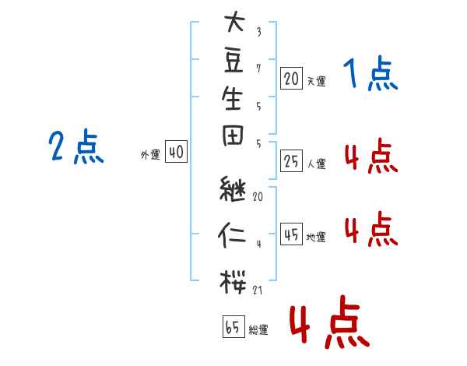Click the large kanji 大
(235, 21)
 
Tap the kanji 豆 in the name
(233, 60)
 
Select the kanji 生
(232, 98)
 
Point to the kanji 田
(233, 135)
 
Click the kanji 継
(233, 188)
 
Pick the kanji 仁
(232, 235)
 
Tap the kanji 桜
(233, 281)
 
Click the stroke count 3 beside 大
(259, 32)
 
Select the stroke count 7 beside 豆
(258, 69)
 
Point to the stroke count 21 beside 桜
(258, 290)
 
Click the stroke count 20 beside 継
(258, 196)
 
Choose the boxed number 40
(177, 151)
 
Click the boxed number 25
(291, 161)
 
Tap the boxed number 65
(233, 326)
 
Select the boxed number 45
(291, 234)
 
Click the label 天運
(316, 81)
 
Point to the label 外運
(150, 155)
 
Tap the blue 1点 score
(370, 74)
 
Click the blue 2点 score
(76, 146)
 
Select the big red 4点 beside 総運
(329, 322)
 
